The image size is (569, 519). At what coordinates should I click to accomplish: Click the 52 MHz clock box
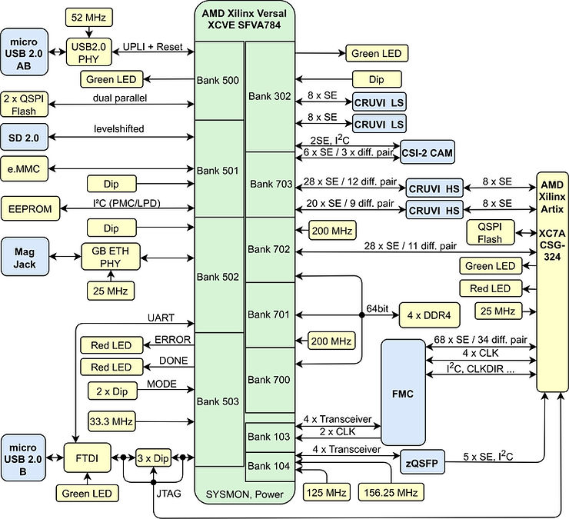click(90, 16)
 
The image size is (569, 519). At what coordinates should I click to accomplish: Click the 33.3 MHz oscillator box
click(111, 421)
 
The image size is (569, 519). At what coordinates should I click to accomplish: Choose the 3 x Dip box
click(152, 457)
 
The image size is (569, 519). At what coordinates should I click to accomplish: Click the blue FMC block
click(402, 393)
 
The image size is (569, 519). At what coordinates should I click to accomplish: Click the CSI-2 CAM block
click(426, 152)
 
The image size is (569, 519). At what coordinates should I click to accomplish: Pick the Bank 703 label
click(270, 185)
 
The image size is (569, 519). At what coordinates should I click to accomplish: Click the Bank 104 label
click(270, 466)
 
